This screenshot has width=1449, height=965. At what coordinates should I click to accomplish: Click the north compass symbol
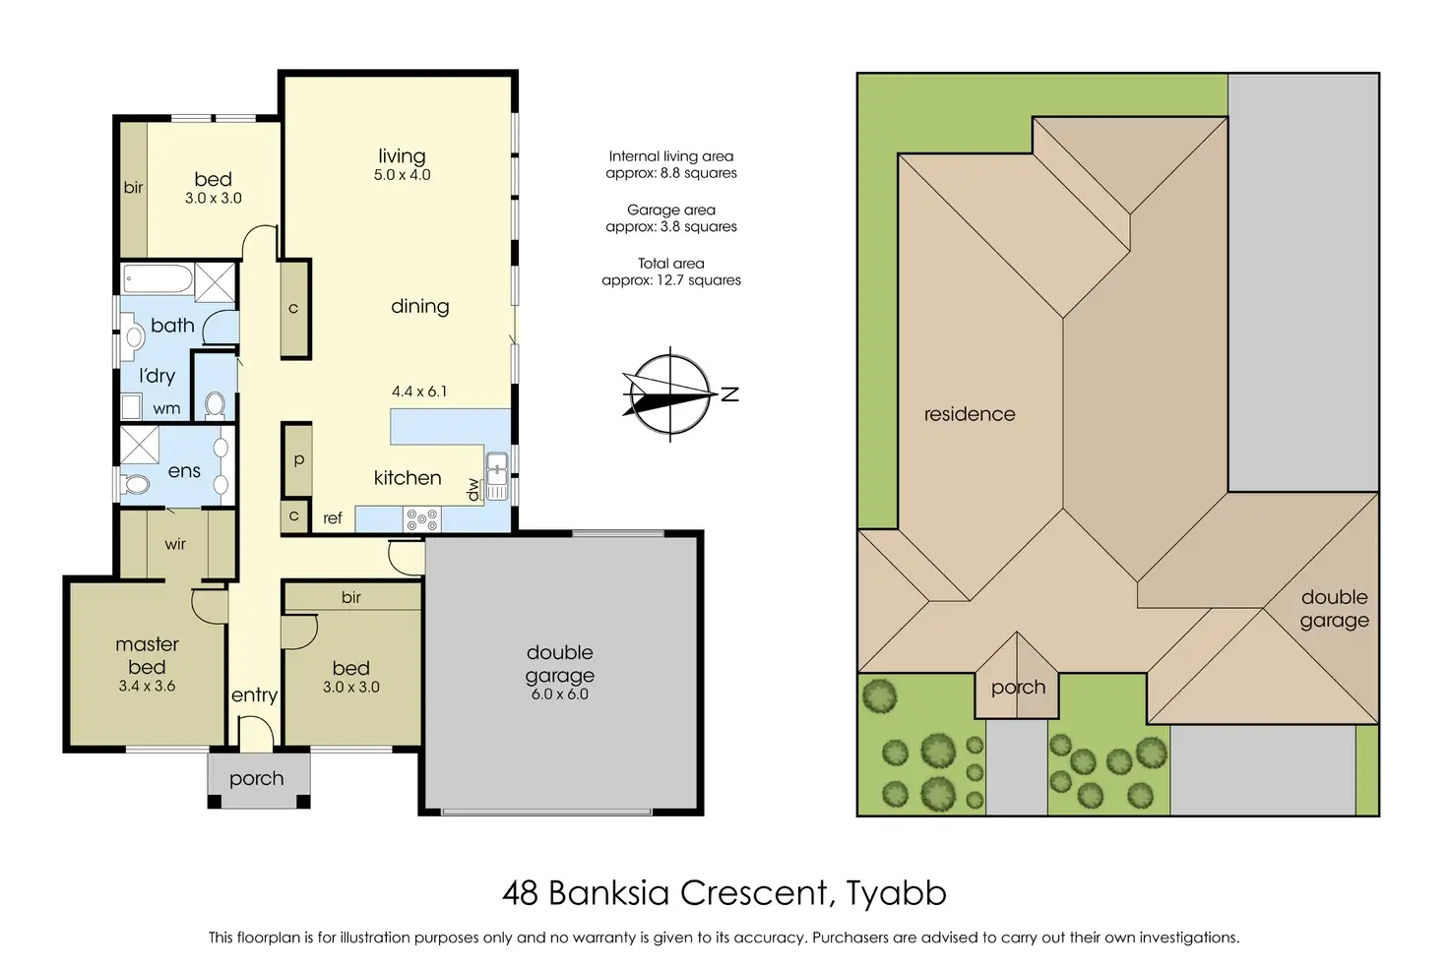coord(670,394)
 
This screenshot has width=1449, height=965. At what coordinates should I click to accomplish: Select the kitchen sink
coord(497,476)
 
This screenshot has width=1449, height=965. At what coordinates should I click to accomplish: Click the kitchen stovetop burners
coord(421,519)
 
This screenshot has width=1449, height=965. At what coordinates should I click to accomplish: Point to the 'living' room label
coord(402,155)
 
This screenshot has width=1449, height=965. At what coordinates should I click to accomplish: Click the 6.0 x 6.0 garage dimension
coord(559,694)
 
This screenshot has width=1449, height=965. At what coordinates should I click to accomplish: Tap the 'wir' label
coord(175,544)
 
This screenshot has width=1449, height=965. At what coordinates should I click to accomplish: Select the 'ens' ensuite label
coord(184,471)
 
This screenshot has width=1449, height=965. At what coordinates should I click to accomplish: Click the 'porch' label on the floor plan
coord(256,779)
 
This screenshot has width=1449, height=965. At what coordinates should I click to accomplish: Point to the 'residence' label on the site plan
coord(970,414)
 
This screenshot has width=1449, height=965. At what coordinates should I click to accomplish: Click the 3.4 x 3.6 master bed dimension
coord(147,687)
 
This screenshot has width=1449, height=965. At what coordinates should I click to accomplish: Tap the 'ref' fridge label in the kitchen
coord(333,517)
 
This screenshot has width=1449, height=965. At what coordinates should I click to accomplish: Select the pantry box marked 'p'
coord(298,458)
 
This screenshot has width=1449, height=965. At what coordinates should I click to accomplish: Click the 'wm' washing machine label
coord(166,408)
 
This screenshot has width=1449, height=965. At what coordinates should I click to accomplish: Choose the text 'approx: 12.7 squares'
coord(671,280)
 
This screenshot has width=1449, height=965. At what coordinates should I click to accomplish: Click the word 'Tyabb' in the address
coord(896,892)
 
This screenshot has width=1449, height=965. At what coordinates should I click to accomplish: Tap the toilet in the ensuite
coord(135,483)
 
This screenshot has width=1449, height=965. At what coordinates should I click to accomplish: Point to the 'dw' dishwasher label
coord(473,489)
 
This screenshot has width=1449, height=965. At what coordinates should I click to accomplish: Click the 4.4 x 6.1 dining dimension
coord(419,392)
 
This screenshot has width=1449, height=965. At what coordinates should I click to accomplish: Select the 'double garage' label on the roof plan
coord(1335,608)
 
